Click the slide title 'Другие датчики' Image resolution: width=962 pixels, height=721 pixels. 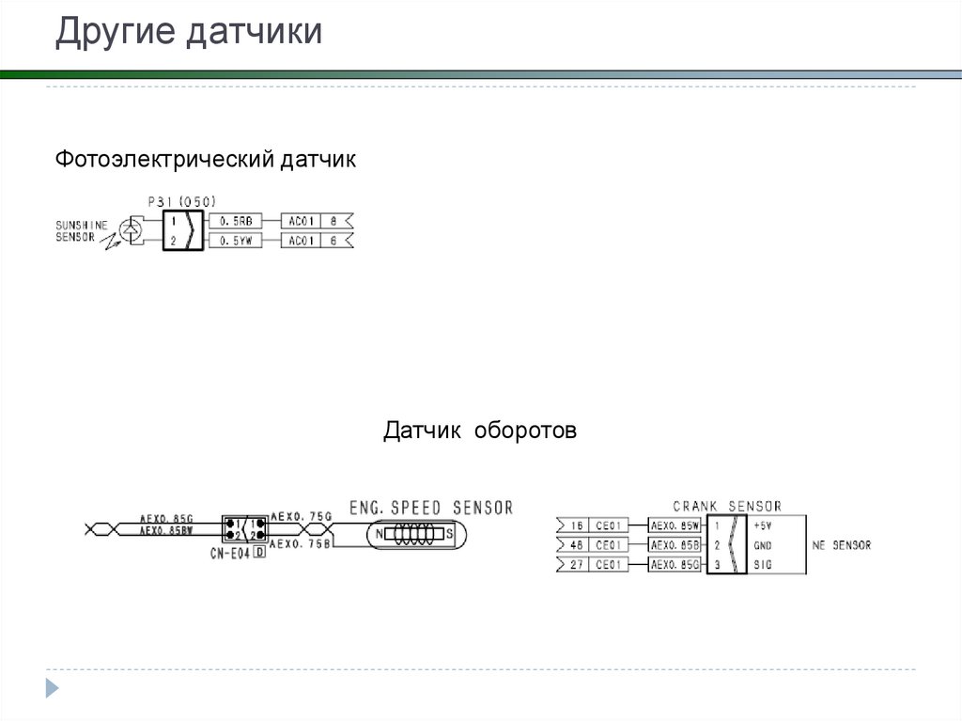189,33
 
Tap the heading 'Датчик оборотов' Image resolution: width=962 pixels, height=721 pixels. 479,431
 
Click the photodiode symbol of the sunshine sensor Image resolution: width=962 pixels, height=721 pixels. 133,228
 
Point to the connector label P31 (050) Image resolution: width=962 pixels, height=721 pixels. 181,201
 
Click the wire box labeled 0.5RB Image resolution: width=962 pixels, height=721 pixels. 235,221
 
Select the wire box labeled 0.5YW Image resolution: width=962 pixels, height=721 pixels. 235,242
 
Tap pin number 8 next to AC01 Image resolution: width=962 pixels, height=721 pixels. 333,221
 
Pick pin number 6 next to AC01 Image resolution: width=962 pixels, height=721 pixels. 333,242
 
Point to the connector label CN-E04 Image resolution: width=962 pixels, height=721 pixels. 229,554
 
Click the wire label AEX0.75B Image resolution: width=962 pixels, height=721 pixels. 301,544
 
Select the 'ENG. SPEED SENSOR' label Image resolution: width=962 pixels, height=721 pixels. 430,508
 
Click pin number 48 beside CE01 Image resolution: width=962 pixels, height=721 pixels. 577,545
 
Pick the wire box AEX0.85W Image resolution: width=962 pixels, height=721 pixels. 675,525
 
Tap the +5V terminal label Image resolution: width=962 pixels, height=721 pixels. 762,525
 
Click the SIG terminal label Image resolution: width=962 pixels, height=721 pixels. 761,565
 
